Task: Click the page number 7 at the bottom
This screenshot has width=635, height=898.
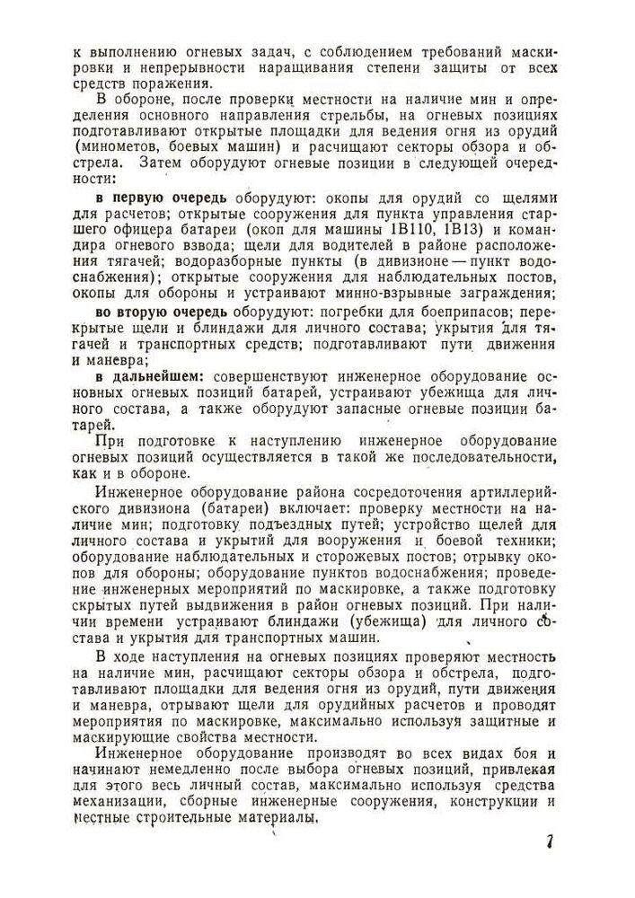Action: click(x=547, y=843)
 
